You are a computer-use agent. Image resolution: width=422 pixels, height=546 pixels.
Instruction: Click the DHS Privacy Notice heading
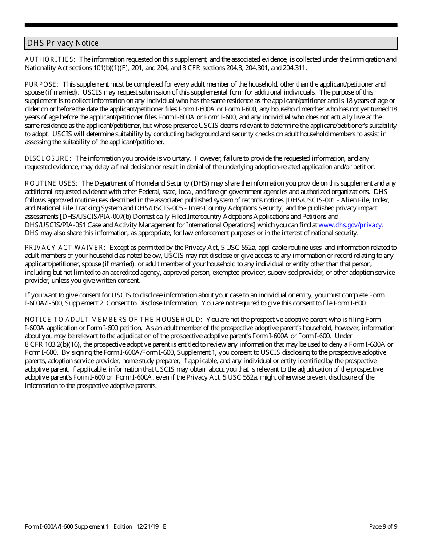point(63,43)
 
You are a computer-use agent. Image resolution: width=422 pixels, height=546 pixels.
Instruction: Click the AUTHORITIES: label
point(50,59)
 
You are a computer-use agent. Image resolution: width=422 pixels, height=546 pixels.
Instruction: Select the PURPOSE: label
point(42,84)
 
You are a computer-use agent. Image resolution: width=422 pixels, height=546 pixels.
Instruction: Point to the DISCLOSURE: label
point(48,158)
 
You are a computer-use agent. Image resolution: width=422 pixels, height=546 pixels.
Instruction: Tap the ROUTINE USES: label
point(51,183)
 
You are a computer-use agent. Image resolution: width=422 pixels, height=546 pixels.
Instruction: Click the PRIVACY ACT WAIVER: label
point(65,248)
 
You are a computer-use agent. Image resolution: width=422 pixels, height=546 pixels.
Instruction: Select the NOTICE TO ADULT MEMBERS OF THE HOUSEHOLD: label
point(114,320)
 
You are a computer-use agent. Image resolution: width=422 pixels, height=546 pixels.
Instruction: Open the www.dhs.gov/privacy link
point(350,225)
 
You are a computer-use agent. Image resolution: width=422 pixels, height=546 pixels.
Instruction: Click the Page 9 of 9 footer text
point(383,527)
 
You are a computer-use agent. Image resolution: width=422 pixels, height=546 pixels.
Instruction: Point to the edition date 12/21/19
point(147,527)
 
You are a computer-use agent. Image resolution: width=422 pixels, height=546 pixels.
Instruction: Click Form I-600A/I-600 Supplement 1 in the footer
point(67,527)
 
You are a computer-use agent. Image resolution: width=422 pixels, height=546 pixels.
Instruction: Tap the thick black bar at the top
point(211,25)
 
